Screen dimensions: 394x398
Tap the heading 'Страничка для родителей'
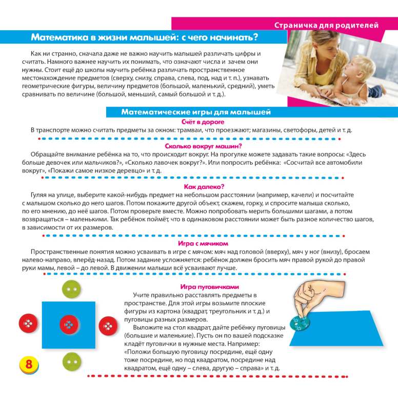(x=326, y=25)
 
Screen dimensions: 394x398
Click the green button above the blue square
(x=71, y=290)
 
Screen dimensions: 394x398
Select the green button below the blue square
(x=71, y=361)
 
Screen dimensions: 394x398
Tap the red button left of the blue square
(x=29, y=325)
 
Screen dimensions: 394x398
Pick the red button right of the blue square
(x=108, y=326)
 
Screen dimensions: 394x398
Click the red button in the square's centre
(x=69, y=324)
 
